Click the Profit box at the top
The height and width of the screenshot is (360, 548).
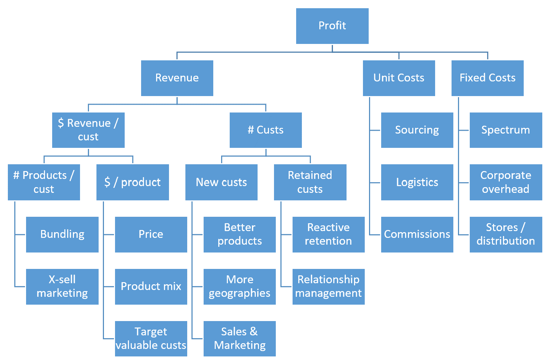332,26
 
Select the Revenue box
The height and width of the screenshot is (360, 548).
177,78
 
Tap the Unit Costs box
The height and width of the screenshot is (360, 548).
399,78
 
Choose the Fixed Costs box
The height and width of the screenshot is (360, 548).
487,78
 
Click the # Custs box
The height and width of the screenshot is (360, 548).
266,130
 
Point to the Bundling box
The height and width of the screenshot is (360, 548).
62,234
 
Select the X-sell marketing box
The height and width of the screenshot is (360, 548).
62,286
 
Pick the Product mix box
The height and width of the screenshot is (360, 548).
151,286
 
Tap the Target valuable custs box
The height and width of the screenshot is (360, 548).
151,339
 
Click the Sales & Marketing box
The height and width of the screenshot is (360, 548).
239,339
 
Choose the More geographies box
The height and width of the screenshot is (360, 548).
239,286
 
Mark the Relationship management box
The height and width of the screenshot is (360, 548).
328,286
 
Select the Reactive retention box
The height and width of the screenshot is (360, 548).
328,234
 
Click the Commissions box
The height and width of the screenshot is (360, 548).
417,234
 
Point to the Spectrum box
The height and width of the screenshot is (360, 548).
505,130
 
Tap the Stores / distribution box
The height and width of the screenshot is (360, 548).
505,234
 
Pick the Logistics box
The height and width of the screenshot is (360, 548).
417,182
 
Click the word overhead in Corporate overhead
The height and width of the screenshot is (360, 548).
505,189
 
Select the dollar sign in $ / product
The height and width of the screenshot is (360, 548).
107,182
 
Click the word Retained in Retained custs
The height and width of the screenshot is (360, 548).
310,175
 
